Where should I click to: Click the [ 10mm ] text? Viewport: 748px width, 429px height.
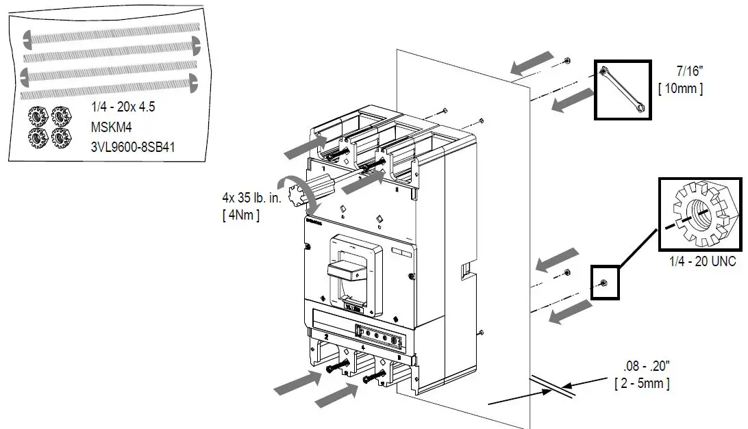point(680,88)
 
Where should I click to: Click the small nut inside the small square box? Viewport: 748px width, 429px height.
point(603,283)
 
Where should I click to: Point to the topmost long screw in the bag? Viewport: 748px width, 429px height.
point(110,33)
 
